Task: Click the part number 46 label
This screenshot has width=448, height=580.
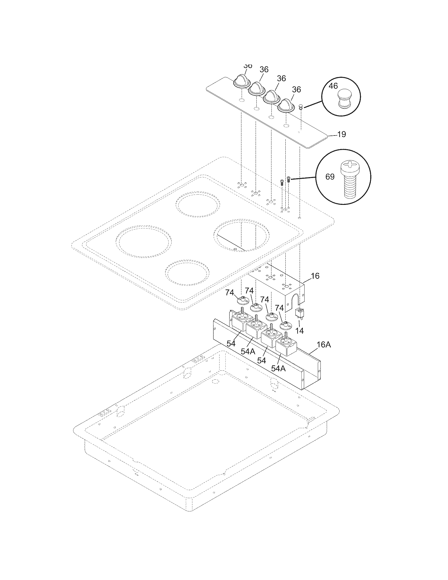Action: [333, 86]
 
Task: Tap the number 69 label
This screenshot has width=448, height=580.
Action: [330, 177]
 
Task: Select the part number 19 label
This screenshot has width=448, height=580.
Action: [342, 134]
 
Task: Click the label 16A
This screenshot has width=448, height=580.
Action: [324, 345]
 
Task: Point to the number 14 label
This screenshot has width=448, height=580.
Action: [300, 331]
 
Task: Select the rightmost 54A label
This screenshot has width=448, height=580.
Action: [278, 368]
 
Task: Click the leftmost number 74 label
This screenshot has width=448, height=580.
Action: [230, 293]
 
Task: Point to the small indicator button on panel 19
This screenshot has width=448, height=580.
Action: [301, 107]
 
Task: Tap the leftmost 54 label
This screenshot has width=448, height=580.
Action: [231, 343]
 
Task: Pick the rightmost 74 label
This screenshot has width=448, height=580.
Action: [279, 308]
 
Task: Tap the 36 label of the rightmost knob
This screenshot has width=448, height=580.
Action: [296, 90]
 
